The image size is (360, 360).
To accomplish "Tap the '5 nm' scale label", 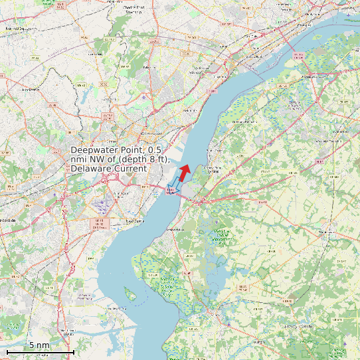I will (39, 345).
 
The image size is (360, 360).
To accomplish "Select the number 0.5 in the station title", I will (154, 151).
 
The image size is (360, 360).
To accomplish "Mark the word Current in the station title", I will (130, 169).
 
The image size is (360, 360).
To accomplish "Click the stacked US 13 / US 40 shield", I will (98, 223).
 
